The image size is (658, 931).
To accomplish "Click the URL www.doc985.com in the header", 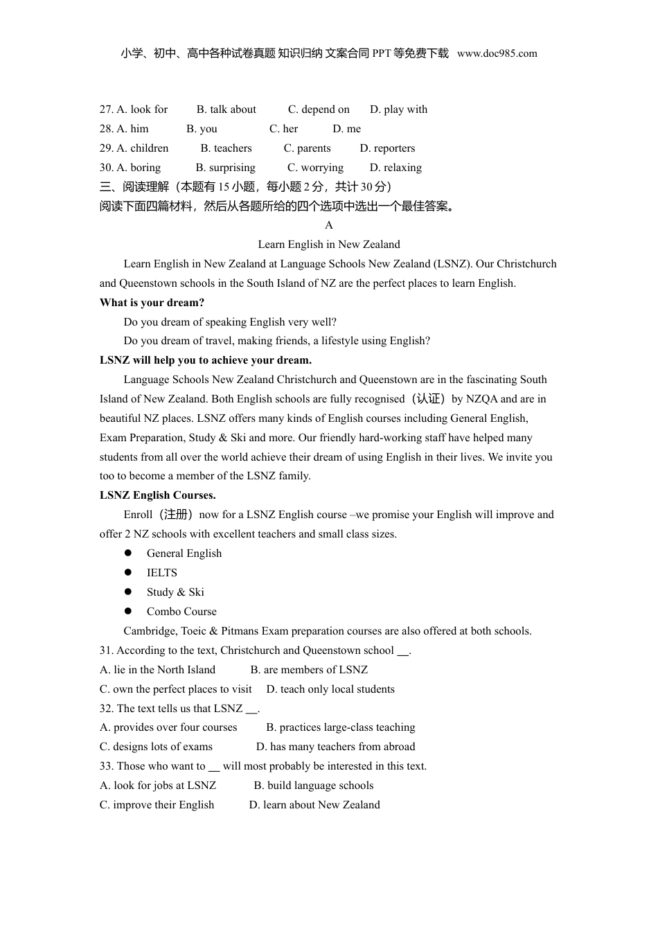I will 497,53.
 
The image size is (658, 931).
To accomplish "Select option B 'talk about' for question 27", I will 226,109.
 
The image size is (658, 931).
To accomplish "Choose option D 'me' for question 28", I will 347,129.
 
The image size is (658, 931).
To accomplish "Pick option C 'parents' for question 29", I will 308,148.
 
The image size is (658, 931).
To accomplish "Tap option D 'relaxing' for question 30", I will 395,168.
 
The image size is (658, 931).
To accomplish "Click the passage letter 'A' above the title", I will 329,225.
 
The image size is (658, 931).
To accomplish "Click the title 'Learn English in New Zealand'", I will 329,245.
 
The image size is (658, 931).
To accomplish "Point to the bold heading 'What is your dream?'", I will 152,303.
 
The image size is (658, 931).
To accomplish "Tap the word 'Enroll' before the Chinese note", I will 138,515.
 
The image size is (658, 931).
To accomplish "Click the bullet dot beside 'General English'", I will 128,553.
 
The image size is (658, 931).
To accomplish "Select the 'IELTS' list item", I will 162,573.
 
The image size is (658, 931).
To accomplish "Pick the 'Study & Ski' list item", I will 175,592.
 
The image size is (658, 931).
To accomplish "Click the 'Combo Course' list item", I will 181,612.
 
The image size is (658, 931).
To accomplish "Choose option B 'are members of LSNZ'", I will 309,670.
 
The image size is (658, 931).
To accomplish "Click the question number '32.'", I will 107,709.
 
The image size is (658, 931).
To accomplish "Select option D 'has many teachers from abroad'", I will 336,747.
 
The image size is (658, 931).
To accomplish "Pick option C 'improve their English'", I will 157,805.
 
